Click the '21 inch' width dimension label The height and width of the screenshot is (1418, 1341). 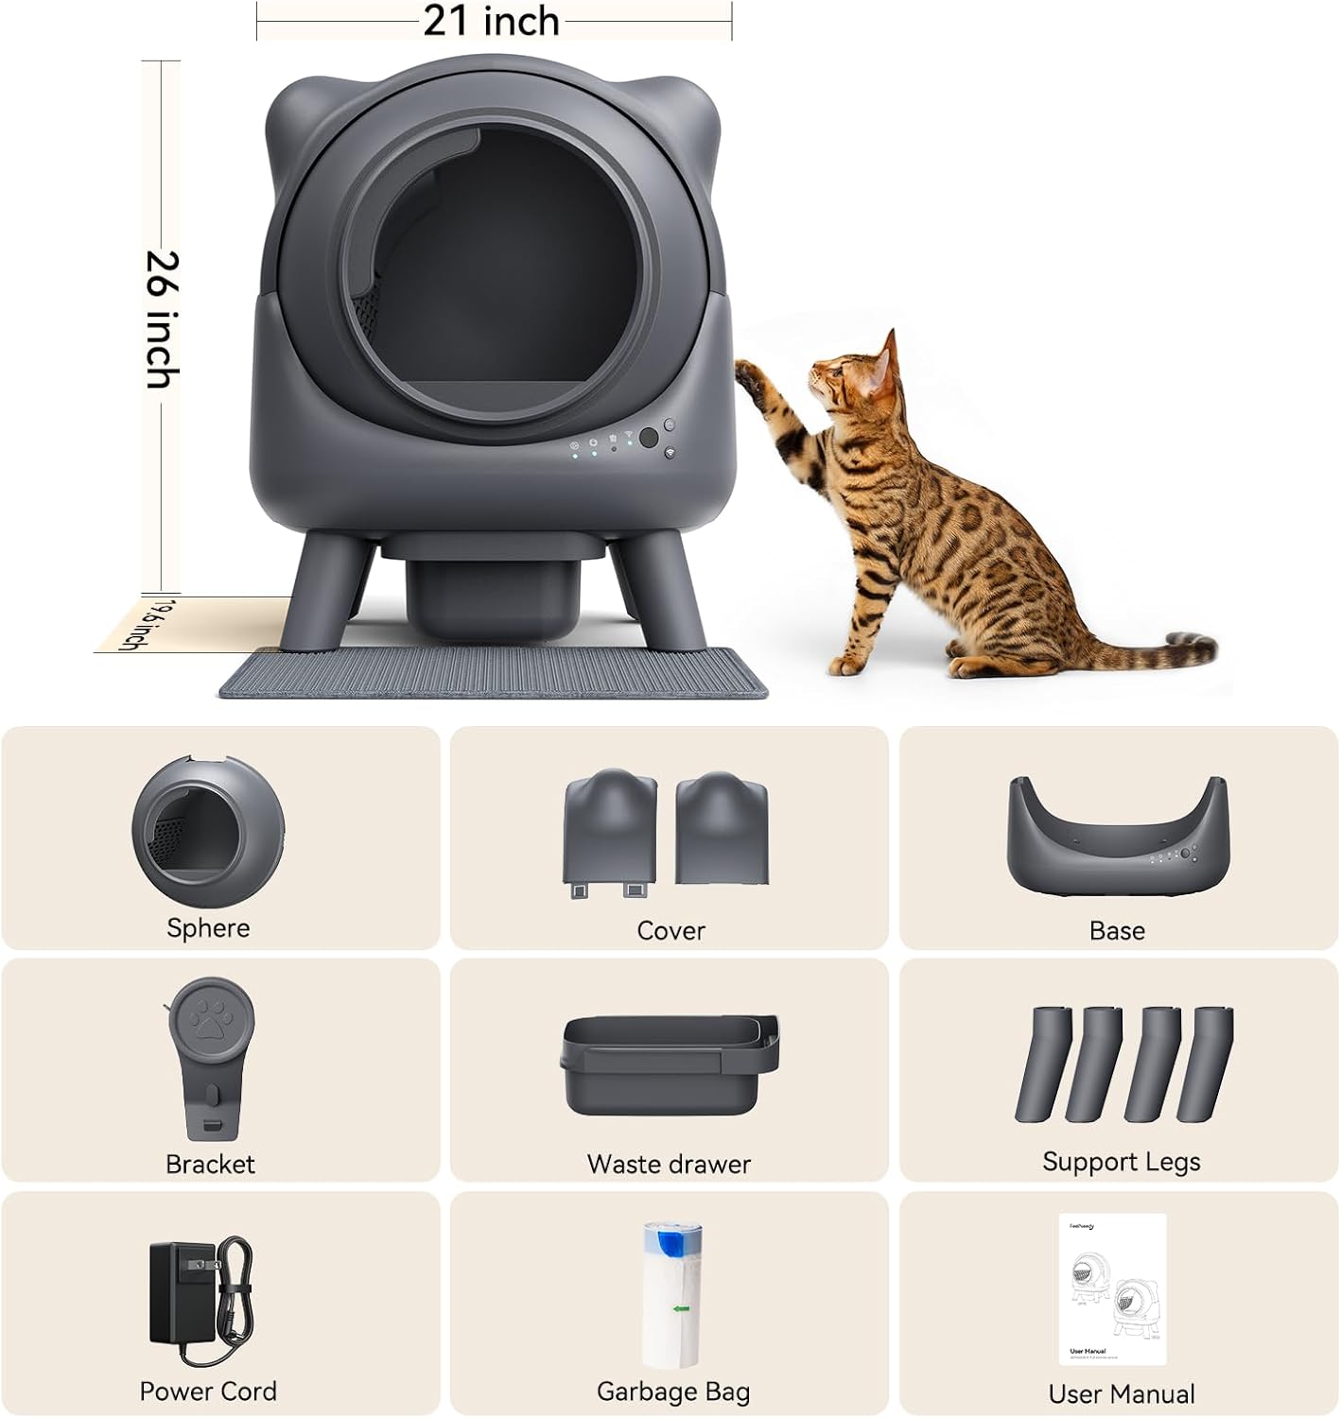pyautogui.click(x=491, y=21)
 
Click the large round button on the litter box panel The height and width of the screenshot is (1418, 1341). pyautogui.click(x=648, y=438)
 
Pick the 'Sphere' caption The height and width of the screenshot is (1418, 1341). pyautogui.click(x=208, y=927)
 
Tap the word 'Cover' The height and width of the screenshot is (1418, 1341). pyautogui.click(x=670, y=930)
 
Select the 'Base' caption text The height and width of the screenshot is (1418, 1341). pyautogui.click(x=1117, y=930)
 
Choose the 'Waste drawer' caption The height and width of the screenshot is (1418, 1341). pyautogui.click(x=669, y=1164)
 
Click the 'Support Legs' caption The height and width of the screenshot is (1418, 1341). pyautogui.click(x=1121, y=1162)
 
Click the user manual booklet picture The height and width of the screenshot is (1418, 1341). pyautogui.click(x=1112, y=1289)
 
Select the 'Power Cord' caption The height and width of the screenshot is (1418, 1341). pyautogui.click(x=208, y=1391)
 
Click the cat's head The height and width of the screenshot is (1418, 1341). pyautogui.click(x=856, y=378)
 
